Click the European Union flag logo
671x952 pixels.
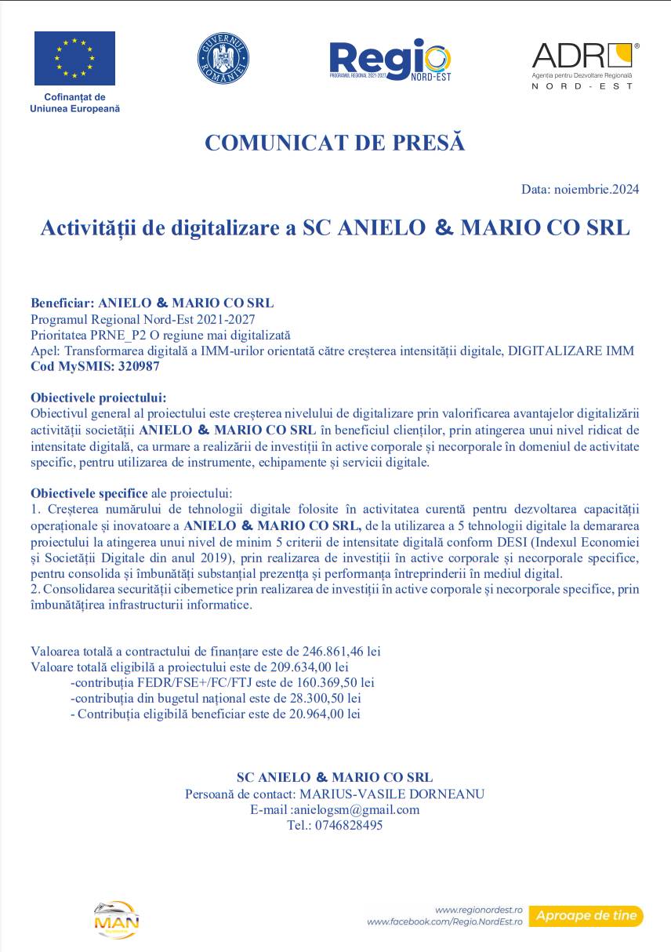tap(74, 58)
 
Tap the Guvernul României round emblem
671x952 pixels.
tap(223, 59)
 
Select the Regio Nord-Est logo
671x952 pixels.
tap(390, 60)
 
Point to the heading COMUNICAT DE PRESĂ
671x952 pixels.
tap(335, 143)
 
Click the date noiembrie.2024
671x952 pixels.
tap(597, 189)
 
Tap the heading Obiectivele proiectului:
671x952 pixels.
tap(99, 398)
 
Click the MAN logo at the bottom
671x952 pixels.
tap(116, 920)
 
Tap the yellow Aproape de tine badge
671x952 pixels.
tap(586, 916)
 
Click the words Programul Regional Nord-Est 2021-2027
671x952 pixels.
tap(143, 320)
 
